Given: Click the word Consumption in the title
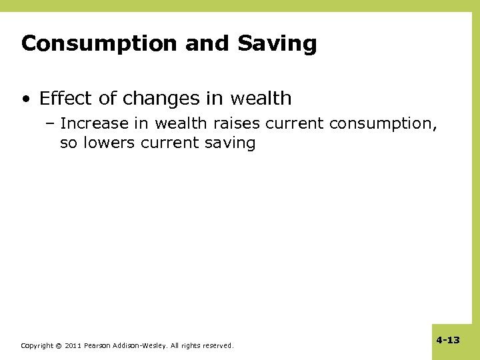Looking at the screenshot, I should click(99, 44).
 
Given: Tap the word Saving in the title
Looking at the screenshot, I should click(277, 44).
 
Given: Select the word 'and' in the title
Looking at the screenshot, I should click(207, 44).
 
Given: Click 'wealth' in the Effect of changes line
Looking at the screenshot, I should click(261, 99).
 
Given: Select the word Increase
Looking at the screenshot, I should click(93, 124).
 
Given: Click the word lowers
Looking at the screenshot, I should click(109, 143).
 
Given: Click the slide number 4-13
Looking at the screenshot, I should click(448, 340).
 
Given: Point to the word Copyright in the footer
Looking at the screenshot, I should click(37, 346).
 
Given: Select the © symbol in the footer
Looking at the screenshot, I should click(59, 346).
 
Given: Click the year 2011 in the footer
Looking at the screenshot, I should click(73, 346).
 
